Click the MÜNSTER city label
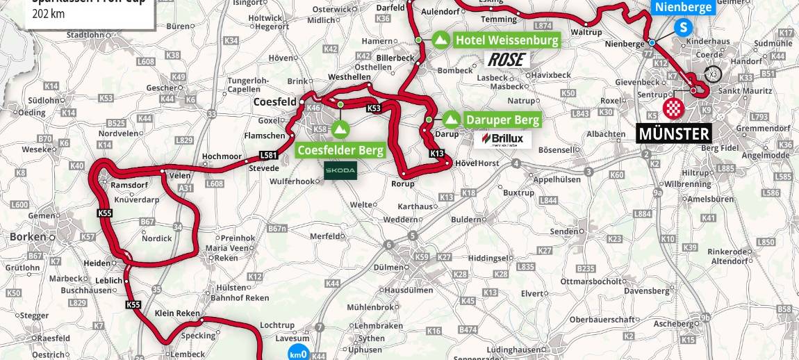pyautogui.click(x=674, y=133)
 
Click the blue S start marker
pyautogui.click(x=684, y=28)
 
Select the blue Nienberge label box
pyautogui.click(x=683, y=8)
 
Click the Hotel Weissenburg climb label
pyautogui.click(x=506, y=40)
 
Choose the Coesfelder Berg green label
pyautogui.click(x=340, y=150)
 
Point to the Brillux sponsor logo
pyautogui.click(x=506, y=139)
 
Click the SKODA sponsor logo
pyautogui.click(x=340, y=170)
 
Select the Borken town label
pyautogui.click(x=28, y=236)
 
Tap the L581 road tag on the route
pyautogui.click(x=268, y=155)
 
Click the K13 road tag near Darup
pyautogui.click(x=437, y=154)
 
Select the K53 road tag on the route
pyautogui.click(x=374, y=108)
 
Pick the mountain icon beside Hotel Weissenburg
pyautogui.click(x=440, y=40)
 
